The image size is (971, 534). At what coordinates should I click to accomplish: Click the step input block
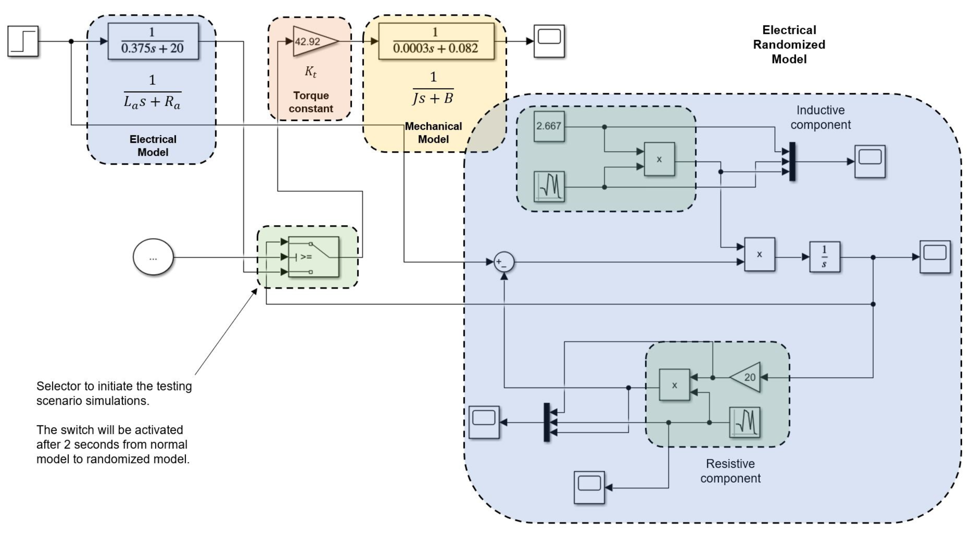pos(23,41)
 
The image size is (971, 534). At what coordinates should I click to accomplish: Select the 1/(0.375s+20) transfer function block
pos(153,41)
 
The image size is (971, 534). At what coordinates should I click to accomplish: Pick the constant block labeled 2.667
pos(549,126)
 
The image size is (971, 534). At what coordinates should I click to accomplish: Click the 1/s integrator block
pos(824,257)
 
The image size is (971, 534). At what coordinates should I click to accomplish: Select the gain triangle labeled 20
pos(746,377)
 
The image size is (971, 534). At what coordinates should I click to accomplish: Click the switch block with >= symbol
pos(313,257)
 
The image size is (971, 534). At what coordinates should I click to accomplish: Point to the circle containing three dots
pos(153,257)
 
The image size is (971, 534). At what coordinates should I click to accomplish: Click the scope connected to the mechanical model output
pos(549,41)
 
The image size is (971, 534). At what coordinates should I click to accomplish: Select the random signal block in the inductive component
pos(549,187)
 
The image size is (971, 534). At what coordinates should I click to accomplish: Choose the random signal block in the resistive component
pos(745,422)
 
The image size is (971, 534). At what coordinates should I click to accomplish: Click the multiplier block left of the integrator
pos(759,254)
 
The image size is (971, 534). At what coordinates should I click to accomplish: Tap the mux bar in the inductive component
pos(792,161)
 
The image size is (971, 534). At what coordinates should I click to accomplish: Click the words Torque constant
pos(311,102)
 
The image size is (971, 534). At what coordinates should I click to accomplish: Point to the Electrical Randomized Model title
pos(789,44)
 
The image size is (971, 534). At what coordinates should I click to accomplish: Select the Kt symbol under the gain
pos(311,72)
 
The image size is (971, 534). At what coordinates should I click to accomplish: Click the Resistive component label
pos(730,471)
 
